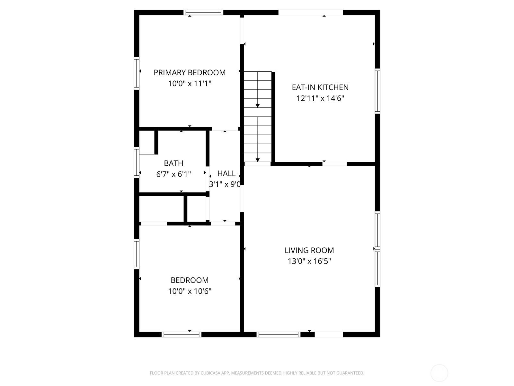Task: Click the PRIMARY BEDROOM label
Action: coord(190,73)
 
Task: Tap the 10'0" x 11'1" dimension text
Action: coord(190,84)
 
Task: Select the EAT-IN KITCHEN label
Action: coord(320,87)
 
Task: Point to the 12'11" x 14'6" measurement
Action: coord(320,98)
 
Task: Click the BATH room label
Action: coord(173,163)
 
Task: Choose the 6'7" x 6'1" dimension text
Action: coord(173,174)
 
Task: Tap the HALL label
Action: coord(226,174)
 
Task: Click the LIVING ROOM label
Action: coord(309,250)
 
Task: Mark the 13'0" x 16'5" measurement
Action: coord(309,261)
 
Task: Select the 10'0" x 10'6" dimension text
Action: coord(190,291)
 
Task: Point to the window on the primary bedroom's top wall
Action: coord(203,13)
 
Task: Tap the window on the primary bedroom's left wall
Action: coord(137,73)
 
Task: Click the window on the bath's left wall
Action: coord(137,162)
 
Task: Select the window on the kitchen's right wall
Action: coord(377,91)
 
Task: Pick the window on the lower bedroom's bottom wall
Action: coord(182,335)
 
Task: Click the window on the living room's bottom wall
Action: coord(278,335)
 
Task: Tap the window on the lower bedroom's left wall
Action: coord(137,254)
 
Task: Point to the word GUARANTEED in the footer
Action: coord(350,373)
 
